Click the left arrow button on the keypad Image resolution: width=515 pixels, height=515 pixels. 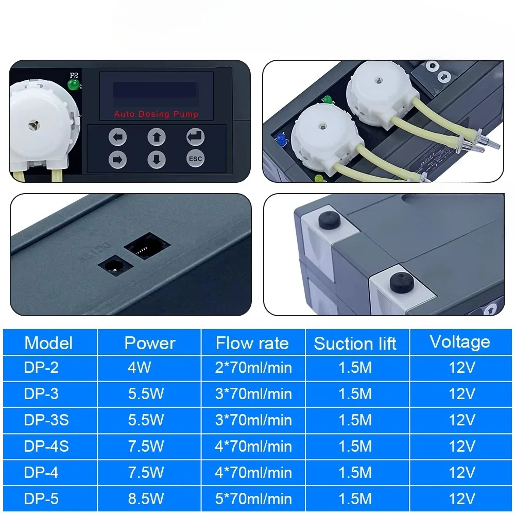point(117,136)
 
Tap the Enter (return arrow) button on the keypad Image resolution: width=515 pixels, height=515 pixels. point(195,136)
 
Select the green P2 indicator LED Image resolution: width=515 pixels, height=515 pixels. point(73,85)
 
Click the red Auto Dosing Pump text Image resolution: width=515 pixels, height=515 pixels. point(157,114)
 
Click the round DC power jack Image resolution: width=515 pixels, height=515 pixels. point(115,265)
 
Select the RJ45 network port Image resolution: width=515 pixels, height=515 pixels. point(147,246)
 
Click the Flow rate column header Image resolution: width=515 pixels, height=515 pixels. point(252,343)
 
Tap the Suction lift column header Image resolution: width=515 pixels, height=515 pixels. point(355,344)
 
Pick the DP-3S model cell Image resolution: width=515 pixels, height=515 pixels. point(46,420)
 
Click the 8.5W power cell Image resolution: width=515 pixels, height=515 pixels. point(146,499)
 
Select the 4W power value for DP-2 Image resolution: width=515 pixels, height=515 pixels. point(140,367)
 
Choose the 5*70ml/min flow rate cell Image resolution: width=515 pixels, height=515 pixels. point(253,499)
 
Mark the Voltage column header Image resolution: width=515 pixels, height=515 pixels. point(460,342)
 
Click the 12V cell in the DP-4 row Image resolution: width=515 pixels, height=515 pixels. point(462,472)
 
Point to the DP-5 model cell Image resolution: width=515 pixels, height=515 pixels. point(41,499)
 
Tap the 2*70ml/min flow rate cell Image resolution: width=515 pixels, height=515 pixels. point(253,367)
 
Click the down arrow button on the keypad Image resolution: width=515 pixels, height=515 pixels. point(157,160)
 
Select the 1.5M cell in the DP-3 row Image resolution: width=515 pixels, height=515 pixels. point(355,393)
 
